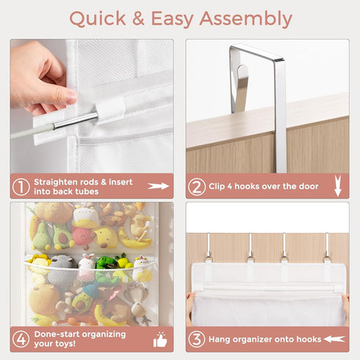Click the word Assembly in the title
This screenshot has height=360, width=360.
click(246, 19)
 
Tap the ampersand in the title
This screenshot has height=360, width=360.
click(138, 18)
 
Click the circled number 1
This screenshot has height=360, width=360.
click(21, 187)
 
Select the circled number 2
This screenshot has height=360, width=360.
click(197, 187)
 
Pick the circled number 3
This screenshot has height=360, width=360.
click(197, 339)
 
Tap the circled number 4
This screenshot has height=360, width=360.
click(21, 339)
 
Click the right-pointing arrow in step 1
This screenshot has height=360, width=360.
click(159, 186)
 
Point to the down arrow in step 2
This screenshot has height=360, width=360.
click(338, 186)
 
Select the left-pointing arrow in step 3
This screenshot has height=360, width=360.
click(334, 339)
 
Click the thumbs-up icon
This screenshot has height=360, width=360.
click(160, 339)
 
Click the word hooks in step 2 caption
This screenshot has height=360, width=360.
click(247, 187)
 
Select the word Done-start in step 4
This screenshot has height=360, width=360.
click(57, 334)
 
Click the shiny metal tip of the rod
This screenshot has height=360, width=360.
click(75, 120)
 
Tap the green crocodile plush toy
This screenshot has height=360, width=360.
click(106, 263)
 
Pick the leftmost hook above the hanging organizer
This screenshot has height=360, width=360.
click(208, 248)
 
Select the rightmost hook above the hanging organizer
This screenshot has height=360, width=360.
click(327, 248)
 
